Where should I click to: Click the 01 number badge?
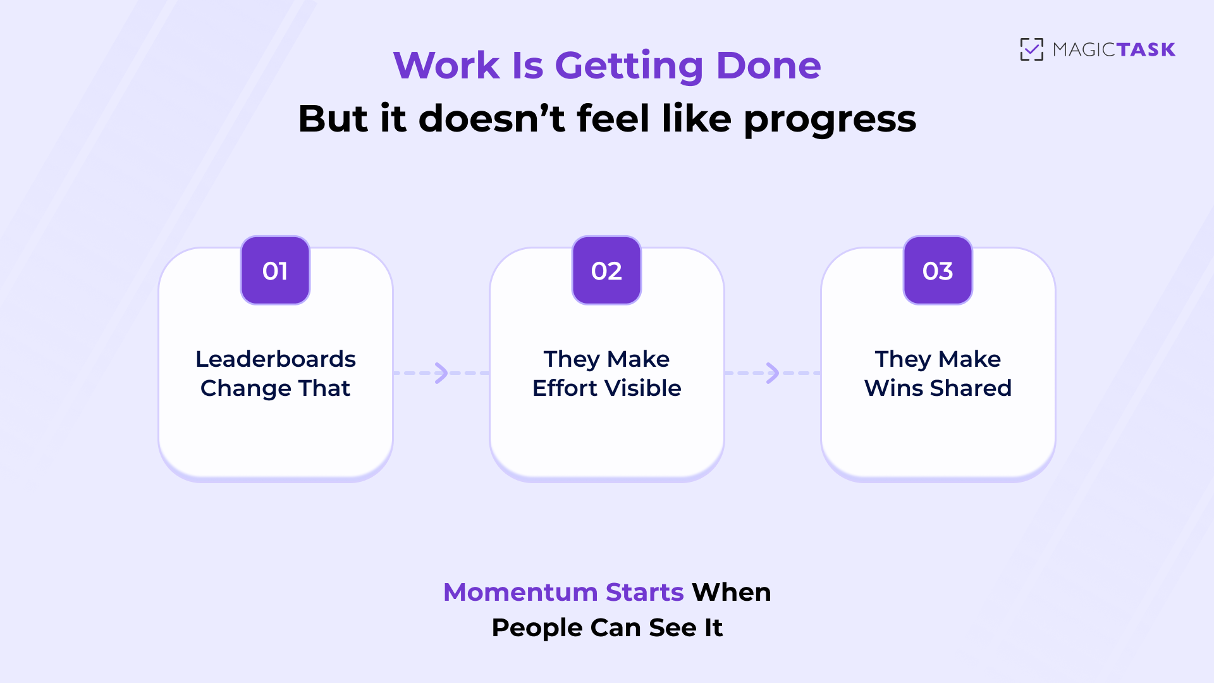pos(275,271)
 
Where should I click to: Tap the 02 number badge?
pos(606,271)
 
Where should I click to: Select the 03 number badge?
pos(938,271)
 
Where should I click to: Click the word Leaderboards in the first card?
pos(276,359)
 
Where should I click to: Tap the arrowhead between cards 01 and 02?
pos(441,373)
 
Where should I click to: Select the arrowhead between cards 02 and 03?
pos(773,373)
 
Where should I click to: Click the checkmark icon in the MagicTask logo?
pos(1031,49)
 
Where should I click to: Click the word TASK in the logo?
pos(1145,49)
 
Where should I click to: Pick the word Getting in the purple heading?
pos(628,66)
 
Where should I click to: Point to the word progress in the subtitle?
pos(830,120)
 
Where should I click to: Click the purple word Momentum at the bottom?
pos(520,592)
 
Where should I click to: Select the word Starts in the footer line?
pos(644,592)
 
